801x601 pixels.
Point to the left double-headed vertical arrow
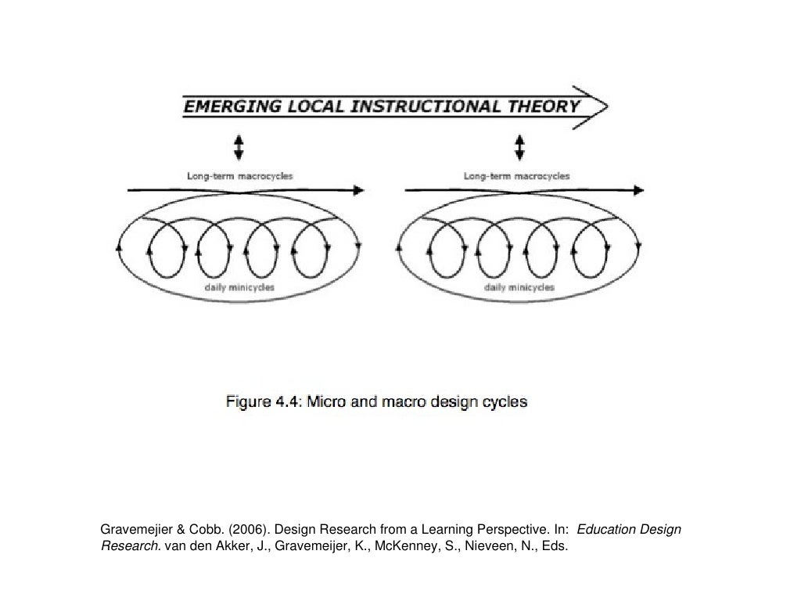[x=239, y=146]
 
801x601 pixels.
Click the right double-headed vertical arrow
[x=519, y=146]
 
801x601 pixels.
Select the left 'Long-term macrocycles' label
[x=239, y=176]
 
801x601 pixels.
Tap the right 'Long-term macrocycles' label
[x=516, y=176]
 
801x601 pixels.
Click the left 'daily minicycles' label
[x=239, y=287]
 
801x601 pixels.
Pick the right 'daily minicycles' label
[x=519, y=287]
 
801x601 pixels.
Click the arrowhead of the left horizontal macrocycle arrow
[x=359, y=189]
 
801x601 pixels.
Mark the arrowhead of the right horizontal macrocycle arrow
[x=639, y=189]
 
